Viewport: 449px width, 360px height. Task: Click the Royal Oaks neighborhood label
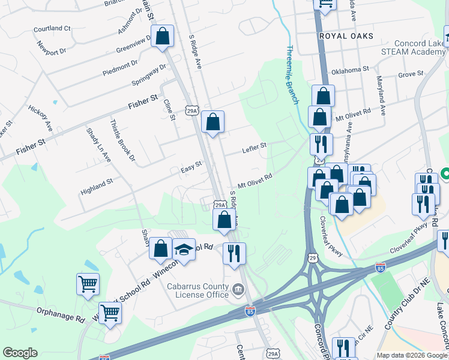[x=346, y=36]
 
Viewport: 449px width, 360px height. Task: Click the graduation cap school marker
[x=184, y=251]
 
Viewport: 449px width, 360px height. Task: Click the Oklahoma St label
[x=350, y=70]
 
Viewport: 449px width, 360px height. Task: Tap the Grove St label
[x=411, y=74]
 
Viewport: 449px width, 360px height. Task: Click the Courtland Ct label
[x=52, y=28]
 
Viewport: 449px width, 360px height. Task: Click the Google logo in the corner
[x=20, y=353]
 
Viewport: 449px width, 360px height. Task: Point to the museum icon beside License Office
[x=239, y=291]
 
